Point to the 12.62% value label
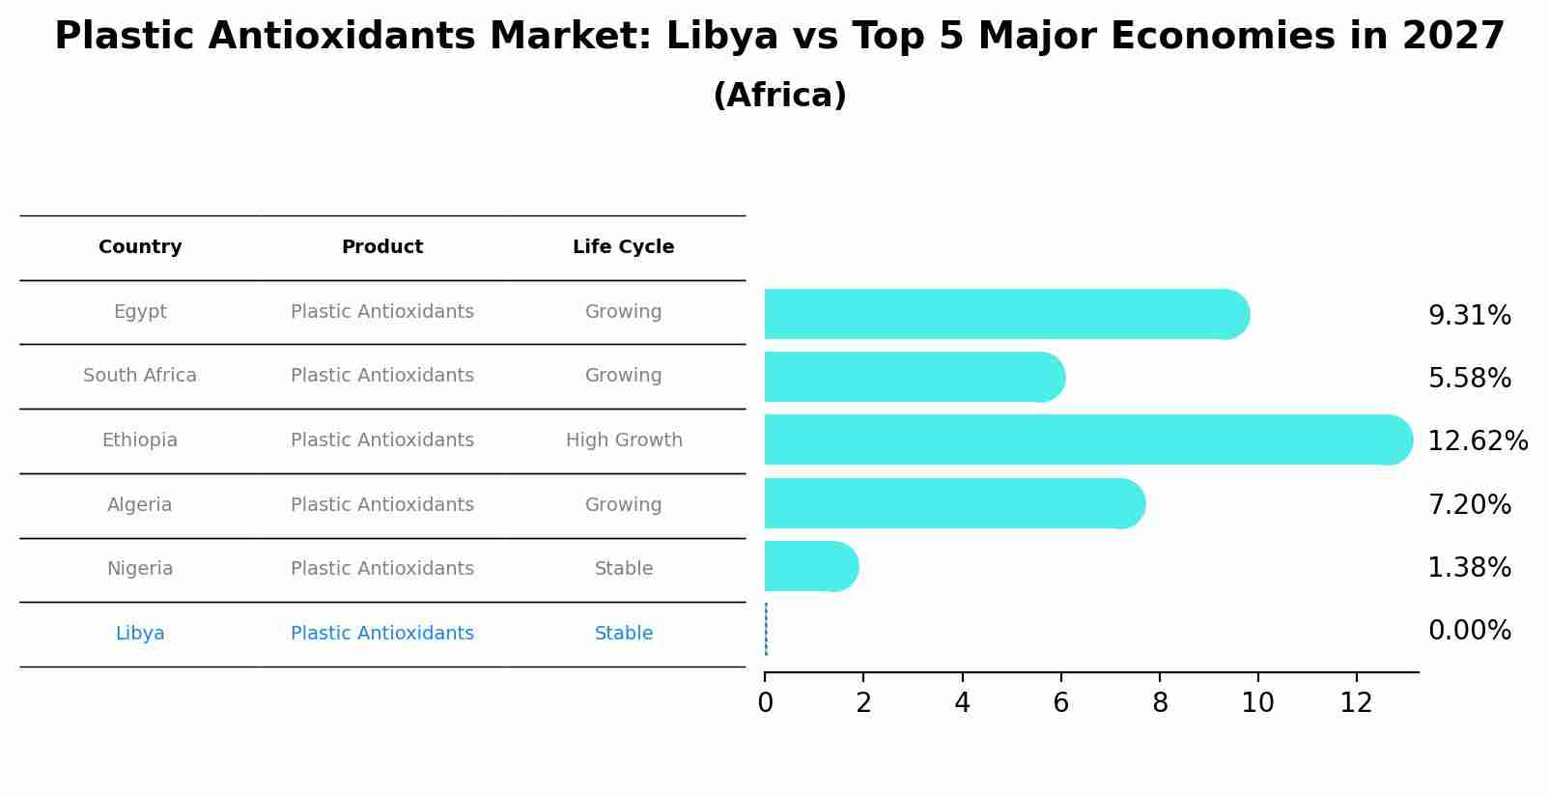[1478, 441]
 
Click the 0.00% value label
[1469, 631]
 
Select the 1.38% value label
[1469, 568]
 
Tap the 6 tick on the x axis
[1060, 703]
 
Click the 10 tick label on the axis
[1257, 703]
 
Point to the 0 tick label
[765, 703]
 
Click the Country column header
[140, 247]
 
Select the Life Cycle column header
[623, 247]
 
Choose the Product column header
[382, 247]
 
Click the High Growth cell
[624, 440]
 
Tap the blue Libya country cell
[140, 634]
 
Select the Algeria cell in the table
[140, 505]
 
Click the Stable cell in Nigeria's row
[624, 569]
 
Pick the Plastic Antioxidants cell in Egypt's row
[382, 312]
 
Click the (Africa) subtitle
[779, 96]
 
